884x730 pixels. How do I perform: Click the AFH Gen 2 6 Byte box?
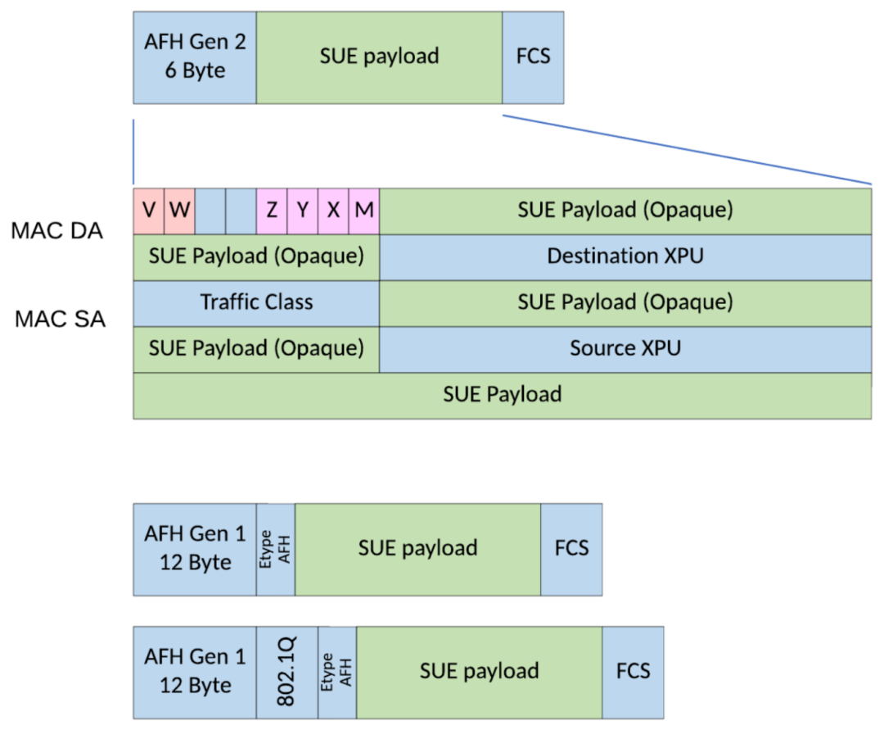(x=195, y=57)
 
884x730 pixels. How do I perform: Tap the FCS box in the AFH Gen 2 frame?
(x=533, y=57)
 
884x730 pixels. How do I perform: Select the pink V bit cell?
(x=149, y=210)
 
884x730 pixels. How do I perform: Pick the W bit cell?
(x=180, y=210)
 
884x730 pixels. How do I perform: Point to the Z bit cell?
(x=272, y=210)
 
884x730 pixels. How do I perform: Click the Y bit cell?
(x=303, y=210)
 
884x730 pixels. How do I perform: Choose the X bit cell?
(x=333, y=210)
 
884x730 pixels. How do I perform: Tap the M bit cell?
(x=364, y=210)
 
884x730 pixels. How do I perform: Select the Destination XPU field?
(x=625, y=256)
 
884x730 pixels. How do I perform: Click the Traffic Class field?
(x=256, y=302)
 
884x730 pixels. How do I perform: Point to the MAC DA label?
(x=56, y=231)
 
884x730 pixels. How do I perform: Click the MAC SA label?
(x=60, y=320)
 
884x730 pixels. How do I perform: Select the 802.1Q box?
(x=286, y=673)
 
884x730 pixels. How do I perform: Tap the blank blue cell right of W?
(x=210, y=210)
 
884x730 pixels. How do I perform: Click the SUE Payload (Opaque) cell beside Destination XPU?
(x=256, y=256)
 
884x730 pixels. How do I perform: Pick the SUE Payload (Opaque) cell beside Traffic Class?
(x=625, y=302)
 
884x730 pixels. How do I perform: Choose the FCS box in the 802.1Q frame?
(x=633, y=673)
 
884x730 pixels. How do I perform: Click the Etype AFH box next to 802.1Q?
(x=337, y=673)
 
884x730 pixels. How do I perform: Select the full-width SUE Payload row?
(x=502, y=395)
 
